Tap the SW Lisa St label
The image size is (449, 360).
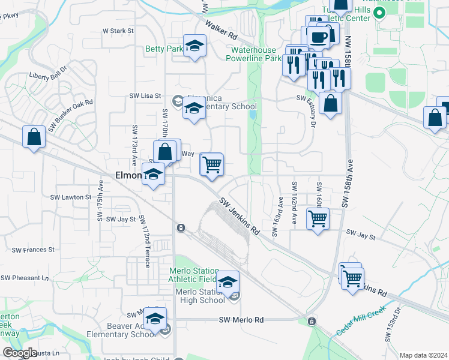click(x=146, y=95)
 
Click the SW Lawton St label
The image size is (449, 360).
click(x=70, y=197)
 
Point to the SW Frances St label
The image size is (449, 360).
click(x=35, y=249)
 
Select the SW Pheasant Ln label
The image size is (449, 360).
click(x=25, y=278)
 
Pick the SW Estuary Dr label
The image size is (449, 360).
click(x=312, y=113)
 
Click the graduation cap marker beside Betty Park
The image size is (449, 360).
click(x=194, y=46)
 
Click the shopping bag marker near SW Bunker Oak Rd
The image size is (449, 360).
click(x=34, y=136)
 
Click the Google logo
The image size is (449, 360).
click(x=20, y=353)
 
